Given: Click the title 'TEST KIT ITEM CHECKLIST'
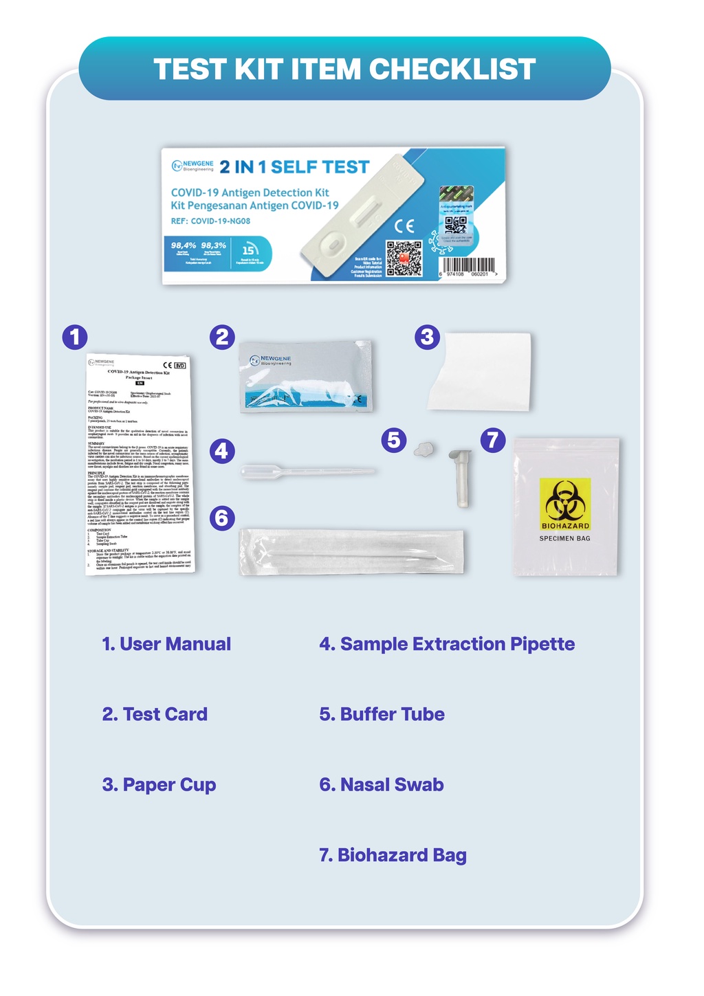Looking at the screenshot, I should (x=344, y=69).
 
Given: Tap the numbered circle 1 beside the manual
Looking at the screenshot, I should (x=75, y=337).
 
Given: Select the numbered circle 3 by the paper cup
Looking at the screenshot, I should (x=427, y=337).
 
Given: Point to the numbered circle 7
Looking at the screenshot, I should (x=492, y=439).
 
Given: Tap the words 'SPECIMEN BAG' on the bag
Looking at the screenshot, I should (x=564, y=538).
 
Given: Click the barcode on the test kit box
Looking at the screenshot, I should (x=467, y=265).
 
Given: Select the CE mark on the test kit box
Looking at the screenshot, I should (x=404, y=226).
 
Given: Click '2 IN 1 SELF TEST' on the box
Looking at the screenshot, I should (x=294, y=167).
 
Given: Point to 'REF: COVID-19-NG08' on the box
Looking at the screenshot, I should (x=210, y=221).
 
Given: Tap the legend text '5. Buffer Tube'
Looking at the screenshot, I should (x=382, y=714).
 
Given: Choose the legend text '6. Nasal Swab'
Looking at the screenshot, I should (x=382, y=785).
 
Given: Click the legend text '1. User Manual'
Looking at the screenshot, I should (x=166, y=644).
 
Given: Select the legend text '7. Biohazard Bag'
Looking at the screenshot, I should (x=393, y=855).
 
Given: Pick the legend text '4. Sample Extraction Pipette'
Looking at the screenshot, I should (x=447, y=644).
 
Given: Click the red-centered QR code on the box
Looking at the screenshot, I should (x=404, y=258).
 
